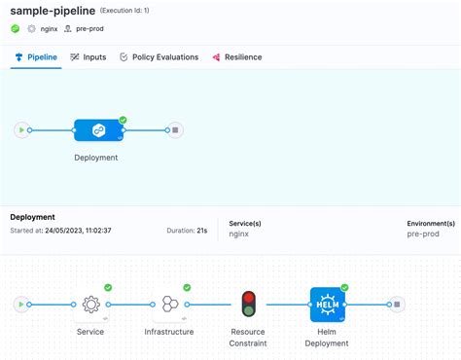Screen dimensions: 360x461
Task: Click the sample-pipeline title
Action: click(52, 11)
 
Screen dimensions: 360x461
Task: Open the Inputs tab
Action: click(89, 57)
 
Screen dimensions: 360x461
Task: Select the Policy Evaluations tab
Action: click(159, 57)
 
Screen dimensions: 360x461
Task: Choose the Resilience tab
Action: click(236, 57)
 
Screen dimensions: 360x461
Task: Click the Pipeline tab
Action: click(35, 57)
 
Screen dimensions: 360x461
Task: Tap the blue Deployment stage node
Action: click(98, 129)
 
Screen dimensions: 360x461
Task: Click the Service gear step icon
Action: click(90, 305)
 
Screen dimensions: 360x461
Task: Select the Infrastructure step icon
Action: click(169, 305)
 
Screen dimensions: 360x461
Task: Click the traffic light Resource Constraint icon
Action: click(248, 305)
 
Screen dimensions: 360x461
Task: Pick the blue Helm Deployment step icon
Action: click(326, 305)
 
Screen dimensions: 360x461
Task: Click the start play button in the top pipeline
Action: click(20, 129)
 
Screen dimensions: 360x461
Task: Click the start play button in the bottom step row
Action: click(20, 305)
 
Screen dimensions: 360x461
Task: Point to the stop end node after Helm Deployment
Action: click(397, 305)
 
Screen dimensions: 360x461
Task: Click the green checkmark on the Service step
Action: click(108, 288)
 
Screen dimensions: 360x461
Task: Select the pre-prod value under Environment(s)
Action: click(424, 234)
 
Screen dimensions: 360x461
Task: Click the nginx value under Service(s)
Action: click(240, 234)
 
